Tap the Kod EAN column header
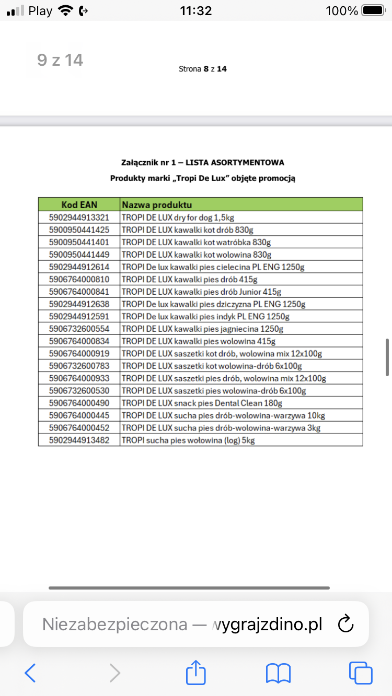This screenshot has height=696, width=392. click(x=79, y=205)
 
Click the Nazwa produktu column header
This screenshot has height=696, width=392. click(x=157, y=205)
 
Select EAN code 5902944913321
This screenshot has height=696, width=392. click(x=79, y=218)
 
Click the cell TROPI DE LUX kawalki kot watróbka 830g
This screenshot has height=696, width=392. click(x=197, y=242)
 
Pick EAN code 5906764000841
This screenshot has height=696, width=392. click(x=79, y=292)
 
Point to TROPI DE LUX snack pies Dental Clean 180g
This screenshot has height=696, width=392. click(x=202, y=403)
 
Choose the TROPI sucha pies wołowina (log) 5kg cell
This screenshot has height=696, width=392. click(x=188, y=440)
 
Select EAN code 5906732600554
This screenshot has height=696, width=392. click(x=79, y=329)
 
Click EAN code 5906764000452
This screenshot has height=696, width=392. click(x=79, y=428)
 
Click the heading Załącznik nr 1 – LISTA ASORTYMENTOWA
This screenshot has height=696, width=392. click(x=202, y=163)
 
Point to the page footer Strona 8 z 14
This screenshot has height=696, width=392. click(x=203, y=69)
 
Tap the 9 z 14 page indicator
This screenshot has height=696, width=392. click(x=60, y=61)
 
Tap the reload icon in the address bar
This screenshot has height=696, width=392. click(x=347, y=624)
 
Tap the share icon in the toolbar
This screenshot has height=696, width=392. click(x=196, y=673)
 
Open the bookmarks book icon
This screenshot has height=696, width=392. click(x=278, y=673)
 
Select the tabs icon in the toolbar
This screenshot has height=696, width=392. click(x=360, y=673)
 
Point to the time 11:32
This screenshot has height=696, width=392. click(x=195, y=10)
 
